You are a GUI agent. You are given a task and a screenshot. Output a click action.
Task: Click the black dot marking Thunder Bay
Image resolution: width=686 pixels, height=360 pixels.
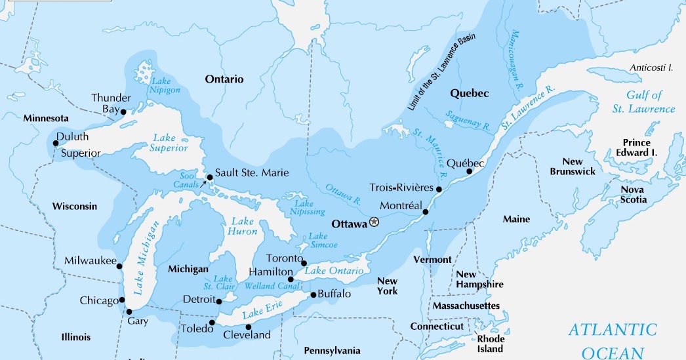(123, 111)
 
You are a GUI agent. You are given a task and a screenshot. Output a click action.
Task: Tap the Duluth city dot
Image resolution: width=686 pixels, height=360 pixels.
(55, 143)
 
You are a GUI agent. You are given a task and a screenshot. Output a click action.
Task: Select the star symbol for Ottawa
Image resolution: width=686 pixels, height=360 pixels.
(374, 222)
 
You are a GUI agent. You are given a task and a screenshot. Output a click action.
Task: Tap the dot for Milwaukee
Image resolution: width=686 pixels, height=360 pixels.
(120, 266)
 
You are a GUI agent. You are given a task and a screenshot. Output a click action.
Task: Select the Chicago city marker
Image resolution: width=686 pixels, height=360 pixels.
(123, 300)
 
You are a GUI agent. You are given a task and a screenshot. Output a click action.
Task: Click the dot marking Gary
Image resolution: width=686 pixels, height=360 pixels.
(129, 311)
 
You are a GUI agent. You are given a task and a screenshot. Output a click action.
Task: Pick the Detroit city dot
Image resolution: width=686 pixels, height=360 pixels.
(219, 300)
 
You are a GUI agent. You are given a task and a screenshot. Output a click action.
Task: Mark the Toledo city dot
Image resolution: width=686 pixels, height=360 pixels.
(212, 323)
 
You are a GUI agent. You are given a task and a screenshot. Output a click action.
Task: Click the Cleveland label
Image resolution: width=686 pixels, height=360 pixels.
(247, 335)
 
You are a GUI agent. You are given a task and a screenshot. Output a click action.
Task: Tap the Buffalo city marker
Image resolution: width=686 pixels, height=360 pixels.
(313, 294)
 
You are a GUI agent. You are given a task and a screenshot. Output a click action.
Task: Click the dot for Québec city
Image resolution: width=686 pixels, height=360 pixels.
(469, 172)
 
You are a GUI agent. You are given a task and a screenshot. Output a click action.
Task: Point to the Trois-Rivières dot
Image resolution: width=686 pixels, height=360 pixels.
(439, 190)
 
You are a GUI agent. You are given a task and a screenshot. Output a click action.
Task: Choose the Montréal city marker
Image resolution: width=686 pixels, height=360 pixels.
(426, 212)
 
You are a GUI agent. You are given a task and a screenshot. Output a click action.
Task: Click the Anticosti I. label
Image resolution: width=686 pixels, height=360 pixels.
(652, 68)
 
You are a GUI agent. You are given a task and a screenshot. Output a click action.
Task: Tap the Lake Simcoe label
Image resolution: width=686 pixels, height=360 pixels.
(318, 240)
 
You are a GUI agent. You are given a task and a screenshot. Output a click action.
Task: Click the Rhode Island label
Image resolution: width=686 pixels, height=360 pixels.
(490, 344)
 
